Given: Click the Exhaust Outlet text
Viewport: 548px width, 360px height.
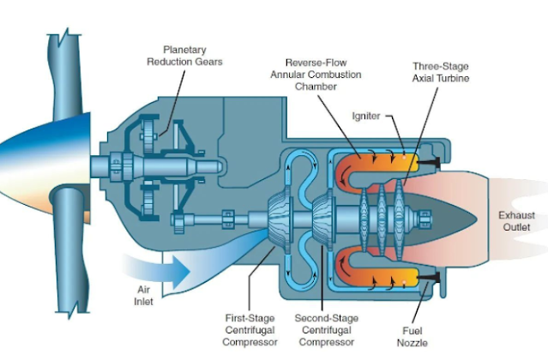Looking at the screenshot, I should [x=517, y=221].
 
